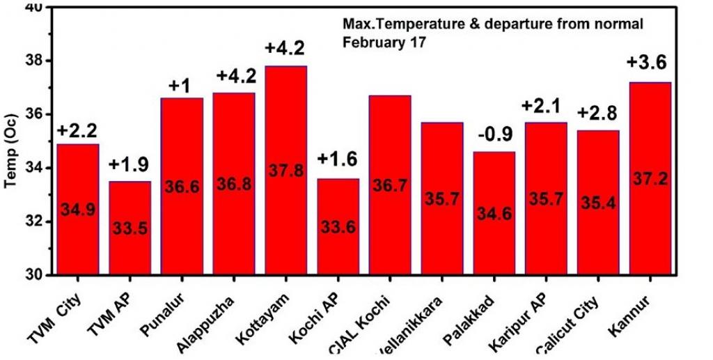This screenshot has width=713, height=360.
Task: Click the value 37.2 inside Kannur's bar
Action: [650, 179]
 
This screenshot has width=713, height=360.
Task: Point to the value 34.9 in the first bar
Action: [77, 210]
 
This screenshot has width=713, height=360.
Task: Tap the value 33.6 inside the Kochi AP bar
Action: [338, 227]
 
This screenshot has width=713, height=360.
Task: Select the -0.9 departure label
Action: [494, 134]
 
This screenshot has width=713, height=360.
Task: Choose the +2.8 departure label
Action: [598, 114]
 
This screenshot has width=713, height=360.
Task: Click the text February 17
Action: [384, 41]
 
